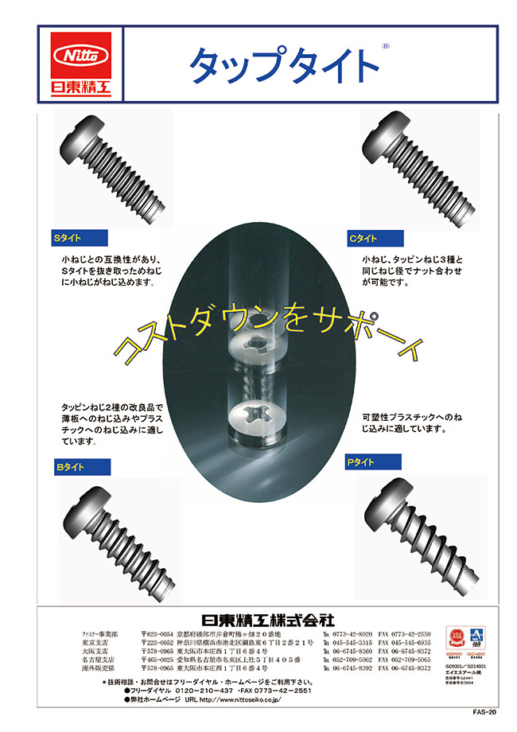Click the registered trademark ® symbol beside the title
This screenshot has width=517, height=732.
(x=385, y=47)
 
